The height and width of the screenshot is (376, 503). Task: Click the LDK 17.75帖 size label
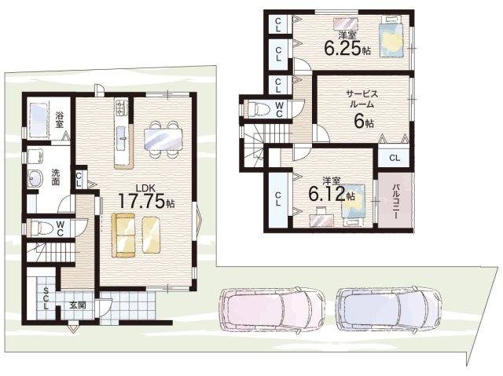[146, 196]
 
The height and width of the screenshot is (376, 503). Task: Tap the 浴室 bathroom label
[59, 119]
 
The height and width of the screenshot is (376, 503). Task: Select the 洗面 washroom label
[56, 177]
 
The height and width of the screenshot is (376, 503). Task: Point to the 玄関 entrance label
[78, 305]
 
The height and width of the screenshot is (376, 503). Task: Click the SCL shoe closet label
[46, 298]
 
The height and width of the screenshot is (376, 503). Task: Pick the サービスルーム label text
[362, 99]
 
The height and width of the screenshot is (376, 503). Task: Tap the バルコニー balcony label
[396, 202]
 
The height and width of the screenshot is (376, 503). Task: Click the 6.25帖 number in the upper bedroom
[347, 49]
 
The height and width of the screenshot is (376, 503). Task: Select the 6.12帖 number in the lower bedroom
[332, 194]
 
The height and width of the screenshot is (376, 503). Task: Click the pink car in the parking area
[272, 309]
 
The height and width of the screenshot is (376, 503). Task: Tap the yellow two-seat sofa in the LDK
[123, 235]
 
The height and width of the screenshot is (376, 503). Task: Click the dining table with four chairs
[163, 139]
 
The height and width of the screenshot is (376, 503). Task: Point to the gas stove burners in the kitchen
[122, 107]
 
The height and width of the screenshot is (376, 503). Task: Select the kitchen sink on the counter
[122, 138]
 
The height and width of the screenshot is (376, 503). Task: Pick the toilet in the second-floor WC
[260, 108]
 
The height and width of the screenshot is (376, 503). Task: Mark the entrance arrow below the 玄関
[73, 329]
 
